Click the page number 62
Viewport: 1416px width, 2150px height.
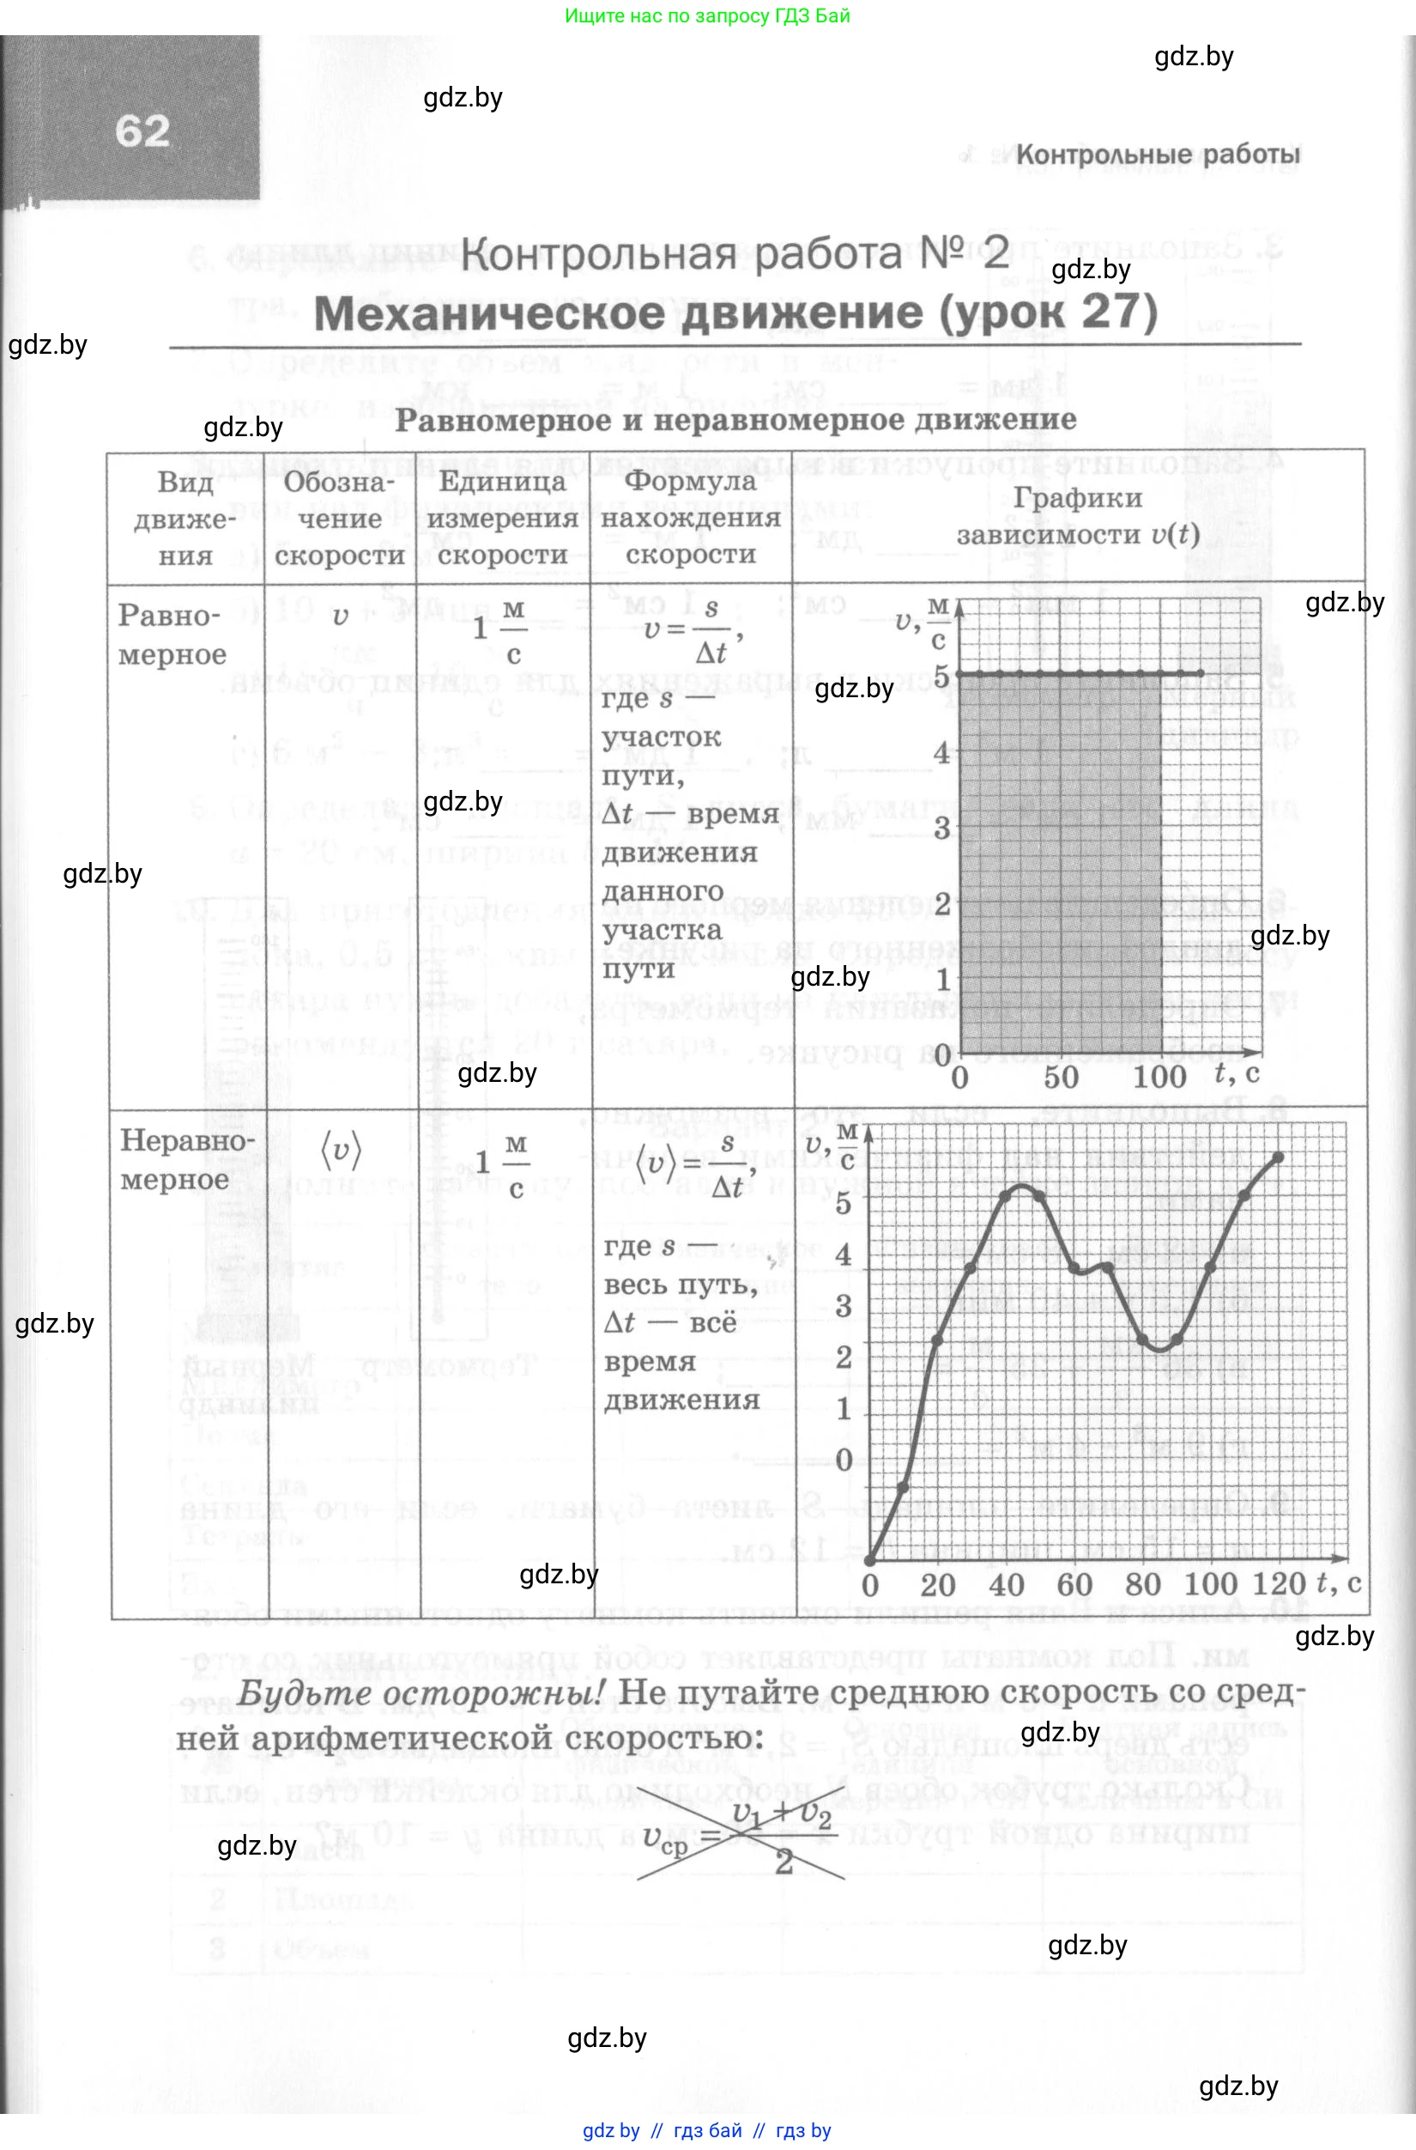pos(142,131)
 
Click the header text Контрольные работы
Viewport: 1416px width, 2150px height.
pos(1158,155)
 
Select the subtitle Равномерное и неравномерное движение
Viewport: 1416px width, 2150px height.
pos(735,420)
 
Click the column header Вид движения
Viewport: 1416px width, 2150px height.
pos(185,519)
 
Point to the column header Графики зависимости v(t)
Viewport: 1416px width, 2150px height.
pos(1077,516)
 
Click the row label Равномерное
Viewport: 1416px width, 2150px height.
pos(171,635)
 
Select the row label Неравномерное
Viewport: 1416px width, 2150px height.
pos(187,1159)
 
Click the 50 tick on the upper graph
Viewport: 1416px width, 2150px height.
pos(1061,1077)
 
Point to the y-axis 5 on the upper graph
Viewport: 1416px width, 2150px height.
pos(942,676)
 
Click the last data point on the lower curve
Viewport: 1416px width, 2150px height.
pos(1279,1157)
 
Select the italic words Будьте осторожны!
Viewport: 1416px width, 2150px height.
pos(420,1693)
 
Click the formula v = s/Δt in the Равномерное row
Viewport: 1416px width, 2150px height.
pos(691,629)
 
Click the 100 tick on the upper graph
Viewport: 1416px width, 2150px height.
pos(1159,1077)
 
